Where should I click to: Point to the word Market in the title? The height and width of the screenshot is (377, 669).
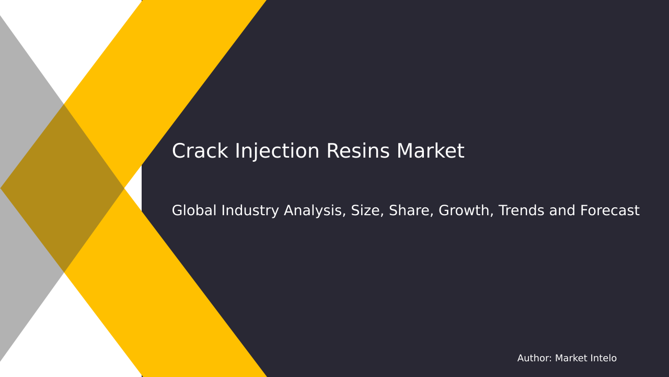click(x=430, y=152)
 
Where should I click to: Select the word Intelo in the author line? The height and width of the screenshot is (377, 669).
click(x=602, y=359)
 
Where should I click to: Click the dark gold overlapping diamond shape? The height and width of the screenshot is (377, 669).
click(x=63, y=188)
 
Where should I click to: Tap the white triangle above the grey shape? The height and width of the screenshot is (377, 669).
click(x=78, y=37)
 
